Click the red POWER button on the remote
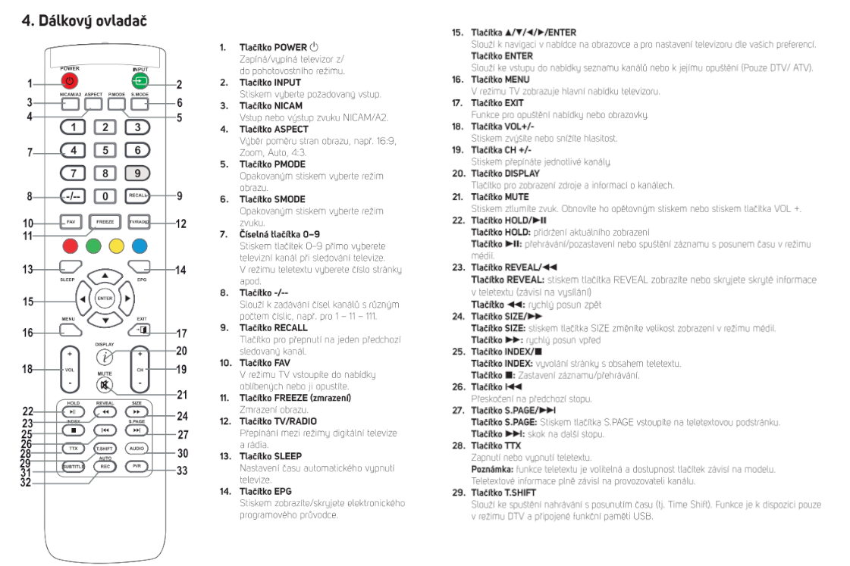70,80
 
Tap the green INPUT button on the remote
140,80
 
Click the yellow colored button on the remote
118,245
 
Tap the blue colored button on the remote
140,245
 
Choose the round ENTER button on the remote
105,299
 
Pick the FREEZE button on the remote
105,222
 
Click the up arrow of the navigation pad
105,275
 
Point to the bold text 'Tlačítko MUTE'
500,196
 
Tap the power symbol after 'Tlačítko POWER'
315,47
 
